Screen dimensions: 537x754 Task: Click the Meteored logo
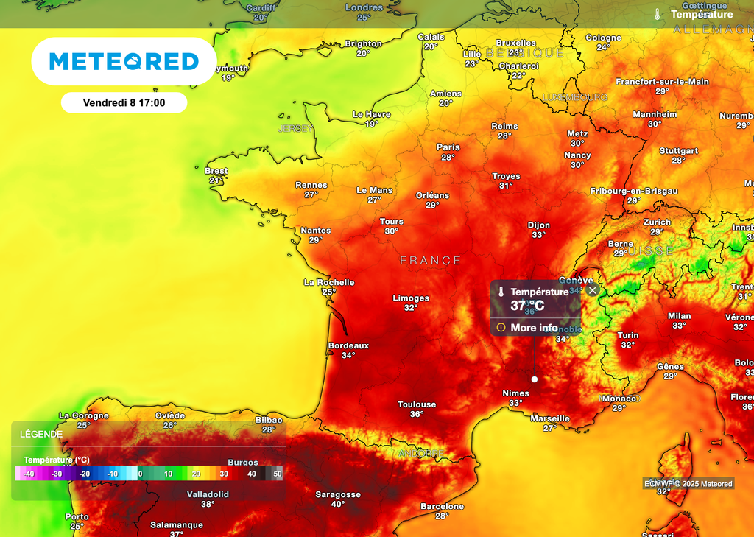pos(124,61)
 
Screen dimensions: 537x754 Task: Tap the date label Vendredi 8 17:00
pos(124,103)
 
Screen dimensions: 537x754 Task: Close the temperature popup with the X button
pos(593,291)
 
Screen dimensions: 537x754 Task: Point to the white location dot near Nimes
pos(535,379)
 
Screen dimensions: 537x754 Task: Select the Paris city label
pos(448,147)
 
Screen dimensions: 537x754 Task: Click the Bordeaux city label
pos(348,345)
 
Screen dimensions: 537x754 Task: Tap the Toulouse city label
pos(417,404)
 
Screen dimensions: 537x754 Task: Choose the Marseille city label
pos(550,418)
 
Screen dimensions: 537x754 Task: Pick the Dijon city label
pos(539,225)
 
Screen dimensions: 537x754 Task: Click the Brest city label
pos(216,171)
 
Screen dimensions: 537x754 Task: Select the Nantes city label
pos(316,231)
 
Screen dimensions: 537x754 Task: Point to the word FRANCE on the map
pos(431,261)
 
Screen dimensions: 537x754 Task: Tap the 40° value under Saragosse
pos(337,505)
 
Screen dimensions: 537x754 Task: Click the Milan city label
pos(679,316)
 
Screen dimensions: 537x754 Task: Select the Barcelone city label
pos(442,506)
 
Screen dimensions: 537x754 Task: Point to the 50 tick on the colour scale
pos(278,474)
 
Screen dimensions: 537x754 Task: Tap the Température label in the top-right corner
pos(702,14)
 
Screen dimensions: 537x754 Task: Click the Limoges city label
pos(411,298)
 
